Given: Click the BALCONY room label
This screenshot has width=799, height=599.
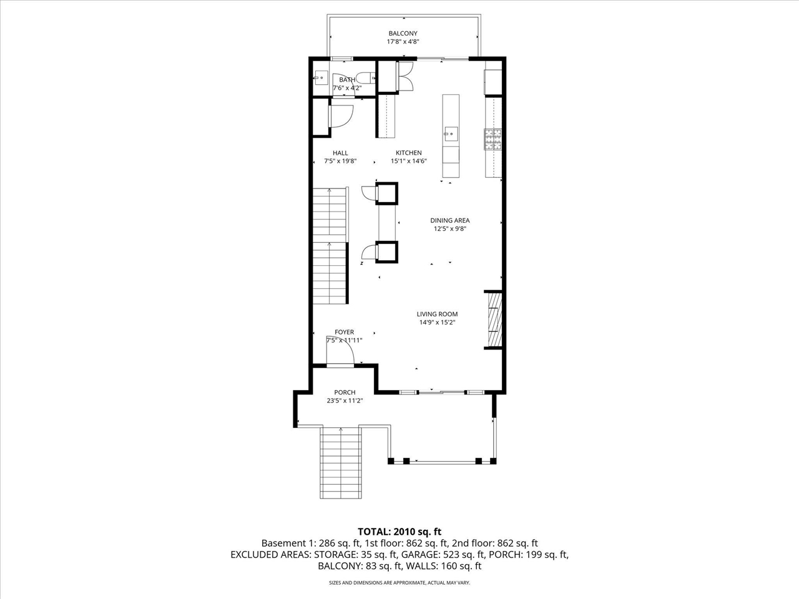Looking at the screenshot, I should (403, 34).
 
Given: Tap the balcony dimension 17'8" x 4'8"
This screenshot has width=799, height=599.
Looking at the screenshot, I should (403, 42).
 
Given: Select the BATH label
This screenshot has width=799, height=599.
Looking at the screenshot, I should (347, 80).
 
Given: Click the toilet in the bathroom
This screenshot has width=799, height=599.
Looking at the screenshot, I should (370, 78).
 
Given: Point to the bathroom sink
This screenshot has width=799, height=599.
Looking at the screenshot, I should (320, 79).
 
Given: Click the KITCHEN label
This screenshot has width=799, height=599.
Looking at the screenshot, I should (408, 153).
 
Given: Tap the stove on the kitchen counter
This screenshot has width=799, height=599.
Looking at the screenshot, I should (493, 139).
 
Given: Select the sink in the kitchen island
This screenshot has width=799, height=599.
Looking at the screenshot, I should (451, 132).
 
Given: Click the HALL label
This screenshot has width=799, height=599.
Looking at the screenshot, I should (340, 153).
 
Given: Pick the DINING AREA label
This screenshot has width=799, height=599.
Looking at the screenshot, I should (449, 220).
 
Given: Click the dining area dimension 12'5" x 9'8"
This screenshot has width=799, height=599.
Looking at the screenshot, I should (450, 229).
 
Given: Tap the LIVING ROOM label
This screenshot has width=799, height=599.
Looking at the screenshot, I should (437, 314).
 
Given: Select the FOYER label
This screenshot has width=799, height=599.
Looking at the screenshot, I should (344, 333).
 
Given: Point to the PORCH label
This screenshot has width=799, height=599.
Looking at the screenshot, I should (345, 392).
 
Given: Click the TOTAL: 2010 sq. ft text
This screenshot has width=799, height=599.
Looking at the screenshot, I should (399, 532).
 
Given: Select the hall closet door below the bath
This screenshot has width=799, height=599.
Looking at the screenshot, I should (340, 116).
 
